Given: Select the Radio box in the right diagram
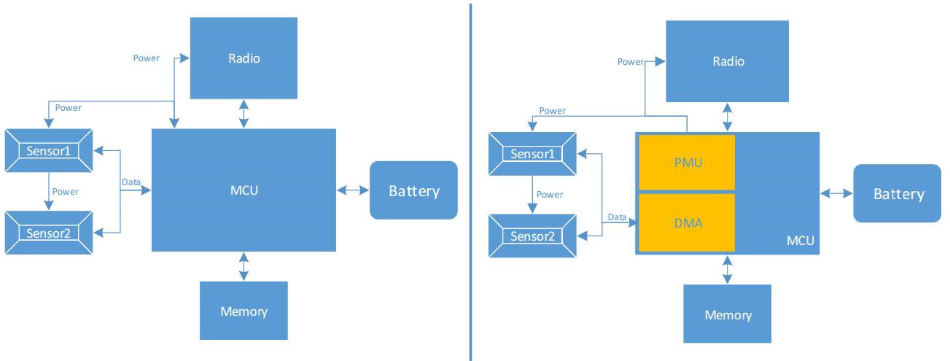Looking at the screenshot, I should coord(728,61).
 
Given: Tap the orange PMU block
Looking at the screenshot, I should coord(686,162).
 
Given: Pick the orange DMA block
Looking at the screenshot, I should coord(686,223).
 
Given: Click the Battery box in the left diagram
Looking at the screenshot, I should coord(413,191).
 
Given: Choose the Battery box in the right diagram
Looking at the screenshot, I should coord(898,194).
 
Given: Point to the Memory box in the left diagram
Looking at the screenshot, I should coord(244,312).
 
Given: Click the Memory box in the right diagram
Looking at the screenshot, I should coord(728,315).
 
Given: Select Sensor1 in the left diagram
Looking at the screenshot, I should coord(49,152).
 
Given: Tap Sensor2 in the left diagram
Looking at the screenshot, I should coord(49,233).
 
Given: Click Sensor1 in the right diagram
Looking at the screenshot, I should coord(532,154).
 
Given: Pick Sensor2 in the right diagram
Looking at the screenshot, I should coord(532,236).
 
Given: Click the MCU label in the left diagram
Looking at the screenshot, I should coord(244,191).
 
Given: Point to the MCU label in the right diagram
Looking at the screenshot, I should coord(800,240).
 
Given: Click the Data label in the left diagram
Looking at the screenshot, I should coord(131,182).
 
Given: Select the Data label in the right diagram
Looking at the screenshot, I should coord(616,217).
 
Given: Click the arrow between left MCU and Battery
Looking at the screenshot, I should coord(353,191).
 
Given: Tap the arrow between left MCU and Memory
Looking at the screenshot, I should coord(244,267).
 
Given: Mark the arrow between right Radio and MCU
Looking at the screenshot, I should coord(727,117).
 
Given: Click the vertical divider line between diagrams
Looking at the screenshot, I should coord(470,182).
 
